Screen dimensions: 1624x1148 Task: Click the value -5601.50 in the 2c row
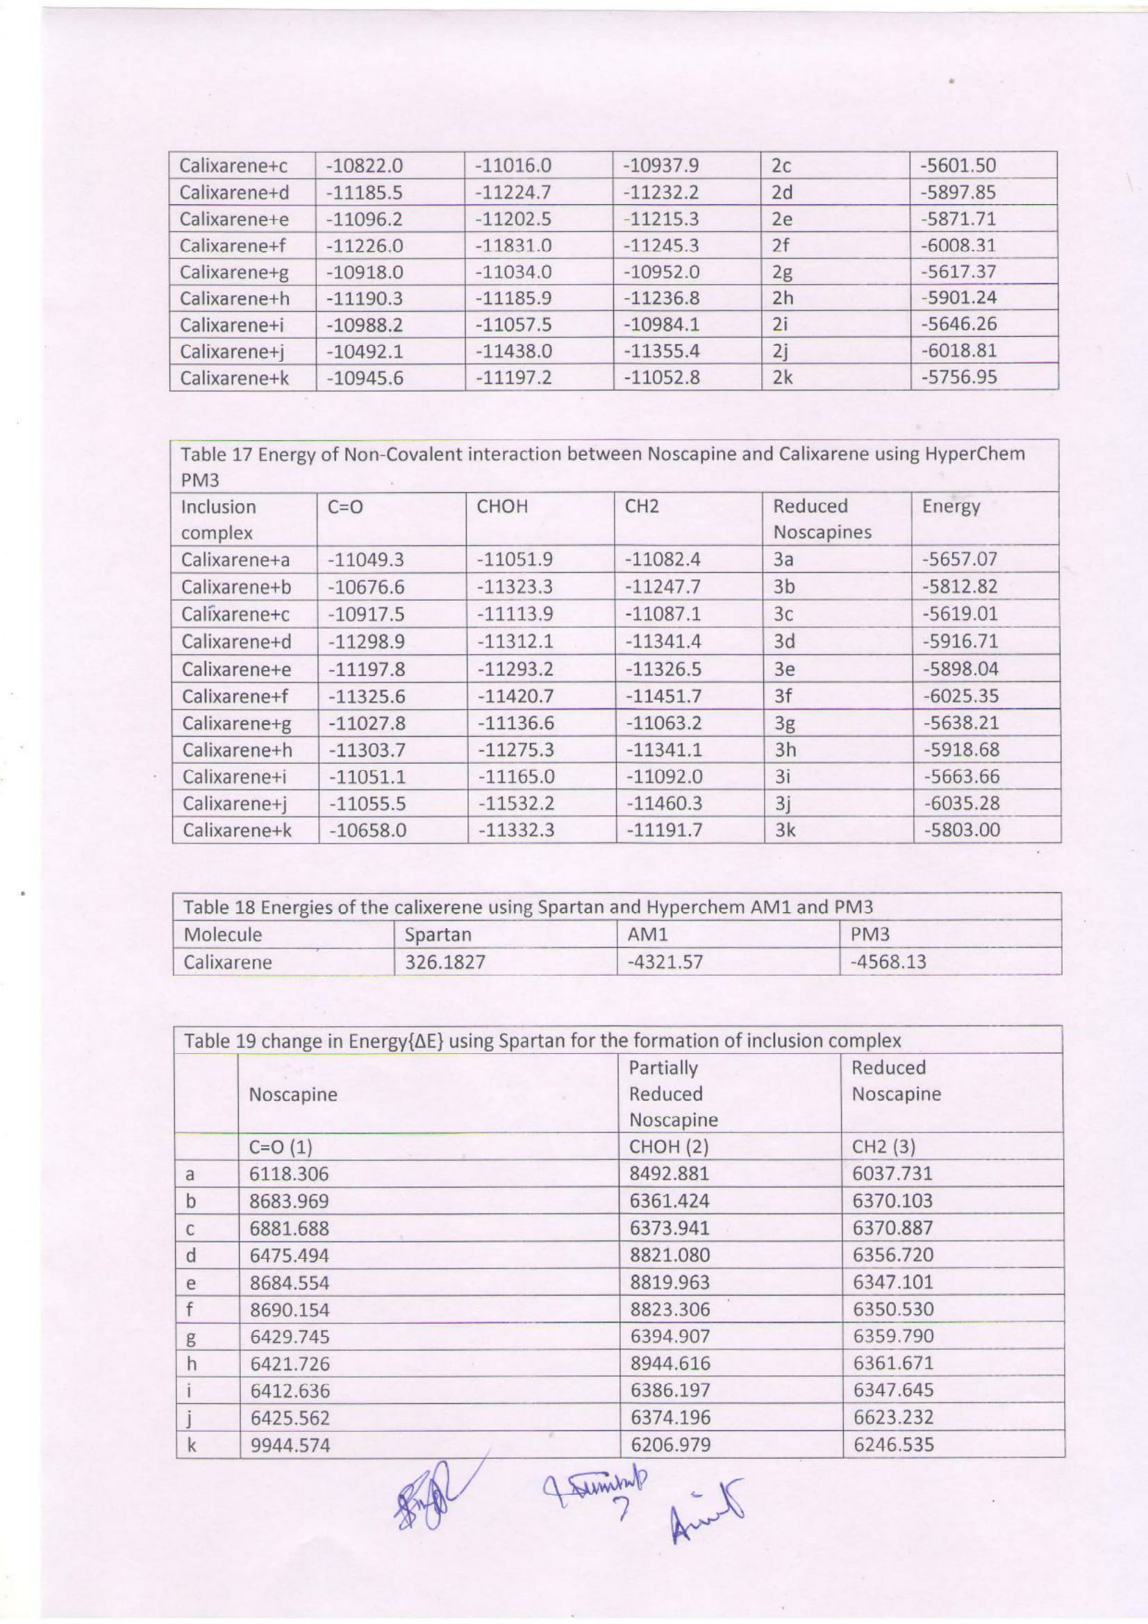[x=958, y=166]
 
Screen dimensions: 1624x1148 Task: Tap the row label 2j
[x=780, y=351]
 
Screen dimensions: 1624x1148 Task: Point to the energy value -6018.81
[x=958, y=351]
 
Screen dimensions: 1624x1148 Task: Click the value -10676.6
[x=365, y=587]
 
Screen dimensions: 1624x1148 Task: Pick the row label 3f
[x=782, y=696]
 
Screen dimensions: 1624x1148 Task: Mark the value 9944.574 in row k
[x=290, y=1445]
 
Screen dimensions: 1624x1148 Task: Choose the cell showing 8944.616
[x=669, y=1364]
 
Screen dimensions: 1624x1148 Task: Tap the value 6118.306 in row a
[x=290, y=1175]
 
